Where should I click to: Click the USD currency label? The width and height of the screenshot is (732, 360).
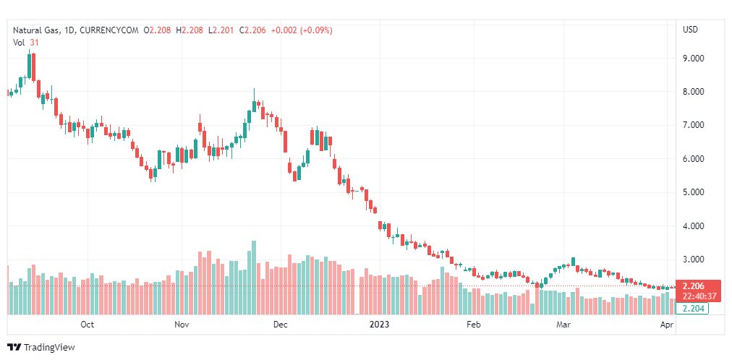pos(690,30)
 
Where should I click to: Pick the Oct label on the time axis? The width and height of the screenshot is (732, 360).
pos(88,325)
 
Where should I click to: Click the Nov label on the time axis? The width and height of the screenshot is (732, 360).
pos(182,325)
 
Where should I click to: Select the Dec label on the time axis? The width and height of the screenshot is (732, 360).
pos(281,325)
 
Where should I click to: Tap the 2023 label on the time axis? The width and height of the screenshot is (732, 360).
pos(379,325)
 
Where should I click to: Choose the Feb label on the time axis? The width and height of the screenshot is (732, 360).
pos(473,325)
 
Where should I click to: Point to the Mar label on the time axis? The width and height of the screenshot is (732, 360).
pos(563,325)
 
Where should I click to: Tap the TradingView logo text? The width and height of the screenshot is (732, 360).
pos(49,348)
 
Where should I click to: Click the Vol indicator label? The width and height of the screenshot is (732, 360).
pos(19,42)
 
